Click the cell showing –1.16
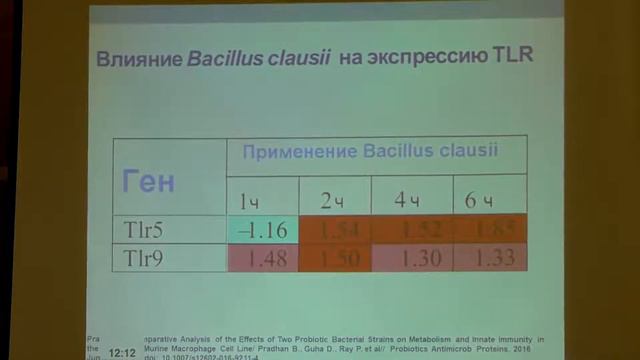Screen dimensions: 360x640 point(262,230)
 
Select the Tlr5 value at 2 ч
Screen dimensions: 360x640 point(335,230)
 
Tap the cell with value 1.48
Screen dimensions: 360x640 point(265,257)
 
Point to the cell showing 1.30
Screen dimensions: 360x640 point(413,257)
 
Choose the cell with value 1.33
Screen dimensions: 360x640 point(489,257)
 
